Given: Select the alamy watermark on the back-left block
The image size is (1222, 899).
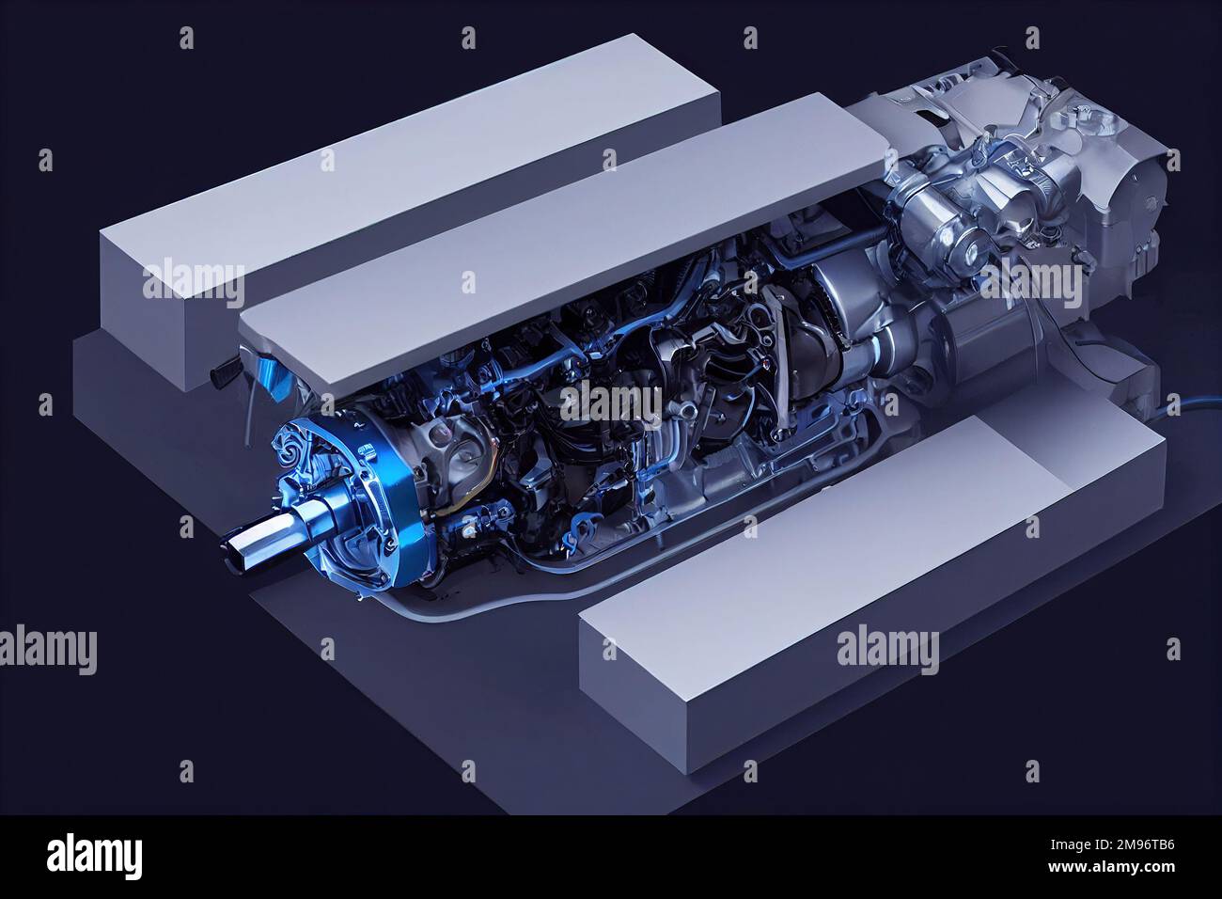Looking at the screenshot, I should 193,279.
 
